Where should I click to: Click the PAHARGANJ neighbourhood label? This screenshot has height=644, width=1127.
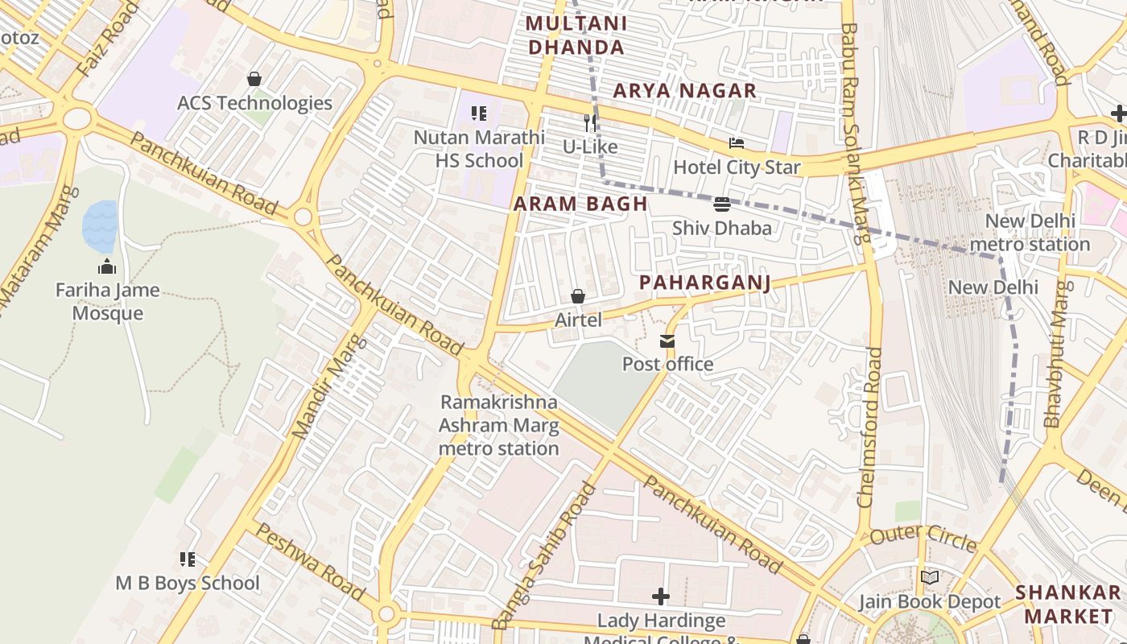705,283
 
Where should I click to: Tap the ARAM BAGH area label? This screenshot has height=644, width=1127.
580,204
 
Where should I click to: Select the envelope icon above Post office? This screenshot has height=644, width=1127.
667,341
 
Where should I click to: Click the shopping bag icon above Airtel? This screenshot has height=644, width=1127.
578,296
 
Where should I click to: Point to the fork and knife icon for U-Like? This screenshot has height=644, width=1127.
590,122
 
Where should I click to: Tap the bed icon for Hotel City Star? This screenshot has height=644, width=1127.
736,143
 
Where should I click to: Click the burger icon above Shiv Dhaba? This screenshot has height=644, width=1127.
722,204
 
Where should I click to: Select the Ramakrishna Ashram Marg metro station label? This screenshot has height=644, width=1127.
499,425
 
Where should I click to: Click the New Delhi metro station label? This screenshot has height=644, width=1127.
1030,232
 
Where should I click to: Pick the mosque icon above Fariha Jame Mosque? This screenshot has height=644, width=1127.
107,266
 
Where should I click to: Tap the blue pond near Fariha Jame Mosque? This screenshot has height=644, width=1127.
100,226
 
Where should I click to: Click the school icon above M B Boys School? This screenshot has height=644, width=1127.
188,559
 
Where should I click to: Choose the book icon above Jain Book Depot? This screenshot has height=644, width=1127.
929,577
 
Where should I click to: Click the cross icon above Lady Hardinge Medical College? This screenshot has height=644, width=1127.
661,597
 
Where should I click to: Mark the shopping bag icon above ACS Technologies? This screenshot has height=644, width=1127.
254,79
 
